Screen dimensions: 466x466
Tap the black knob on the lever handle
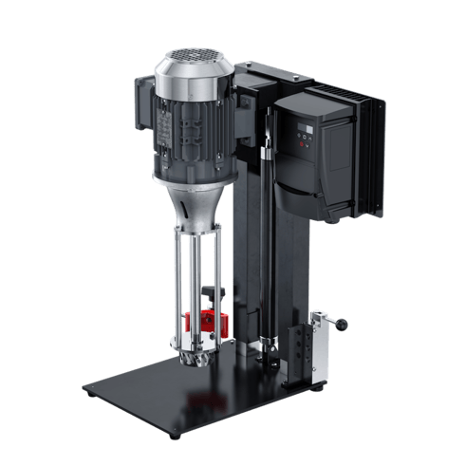point(342,326)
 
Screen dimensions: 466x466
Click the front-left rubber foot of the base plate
point(175,435)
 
